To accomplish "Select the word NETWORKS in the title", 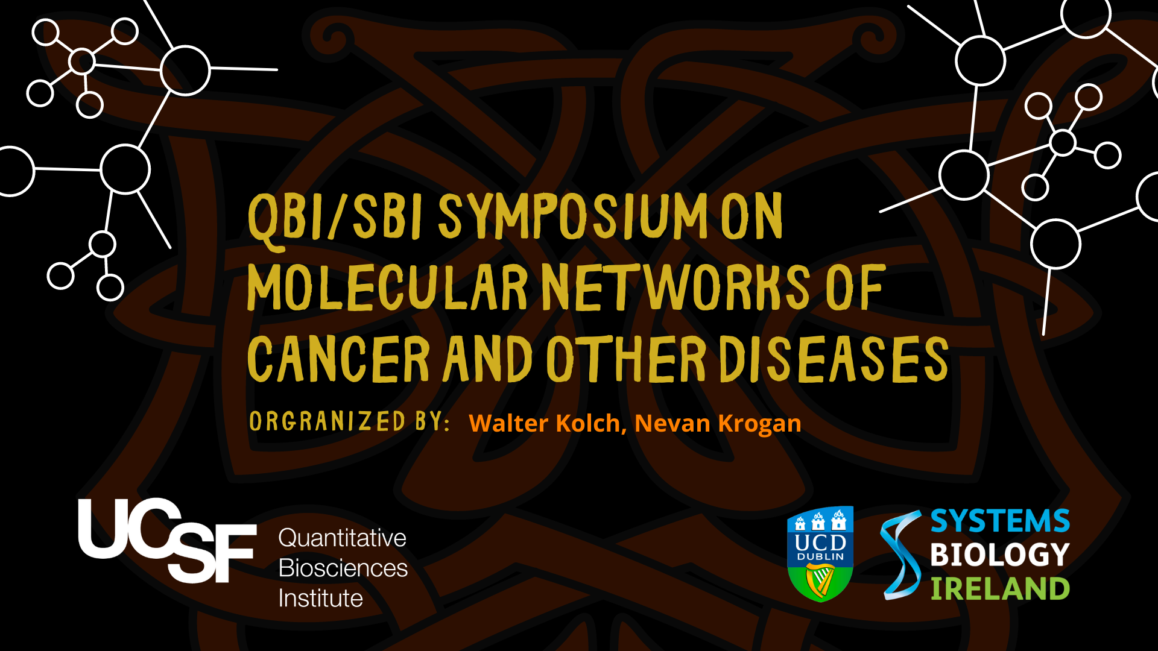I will pyautogui.click(x=675, y=288).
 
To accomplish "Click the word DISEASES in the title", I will pyautogui.click(x=834, y=359).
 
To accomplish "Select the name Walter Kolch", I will pyautogui.click(x=544, y=423).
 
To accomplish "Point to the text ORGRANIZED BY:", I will pyautogui.click(x=349, y=421).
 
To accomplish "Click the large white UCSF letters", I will pyautogui.click(x=166, y=539).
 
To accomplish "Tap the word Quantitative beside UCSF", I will pyautogui.click(x=342, y=538).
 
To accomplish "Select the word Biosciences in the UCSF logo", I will pyautogui.click(x=343, y=568).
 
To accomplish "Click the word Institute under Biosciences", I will pyautogui.click(x=320, y=598).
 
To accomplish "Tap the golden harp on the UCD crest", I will pyautogui.click(x=821, y=582).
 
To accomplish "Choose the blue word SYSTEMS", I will pyautogui.click(x=999, y=521).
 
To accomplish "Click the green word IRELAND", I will pyautogui.click(x=999, y=589).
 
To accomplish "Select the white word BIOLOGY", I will pyautogui.click(x=999, y=555).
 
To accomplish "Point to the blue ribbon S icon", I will pyautogui.click(x=900, y=555).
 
